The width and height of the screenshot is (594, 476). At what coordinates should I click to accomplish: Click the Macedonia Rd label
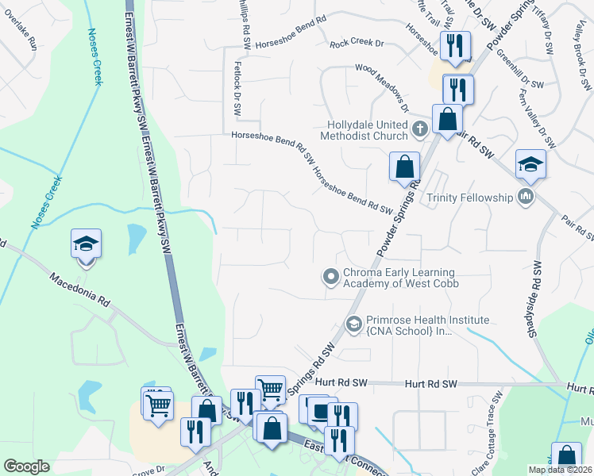pyautogui.click(x=79, y=290)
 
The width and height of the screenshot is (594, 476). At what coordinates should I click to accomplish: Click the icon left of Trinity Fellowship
pyautogui.click(x=524, y=197)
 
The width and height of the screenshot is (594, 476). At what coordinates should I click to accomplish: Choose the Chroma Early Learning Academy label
pyautogui.click(x=401, y=277)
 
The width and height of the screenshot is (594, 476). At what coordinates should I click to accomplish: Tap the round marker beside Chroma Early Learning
pyautogui.click(x=330, y=276)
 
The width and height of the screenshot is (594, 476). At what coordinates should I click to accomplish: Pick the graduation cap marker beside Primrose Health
pyautogui.click(x=353, y=323)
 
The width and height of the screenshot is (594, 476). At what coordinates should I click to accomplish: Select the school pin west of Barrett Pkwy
pyautogui.click(x=87, y=243)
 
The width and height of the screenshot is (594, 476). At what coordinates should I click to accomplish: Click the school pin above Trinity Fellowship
pyautogui.click(x=530, y=163)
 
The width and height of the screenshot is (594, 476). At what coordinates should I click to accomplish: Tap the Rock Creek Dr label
pyautogui.click(x=357, y=44)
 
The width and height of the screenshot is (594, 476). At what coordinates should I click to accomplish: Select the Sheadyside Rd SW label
pyautogui.click(x=537, y=298)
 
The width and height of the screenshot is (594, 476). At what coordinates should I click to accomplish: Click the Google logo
pyautogui.click(x=26, y=466)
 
